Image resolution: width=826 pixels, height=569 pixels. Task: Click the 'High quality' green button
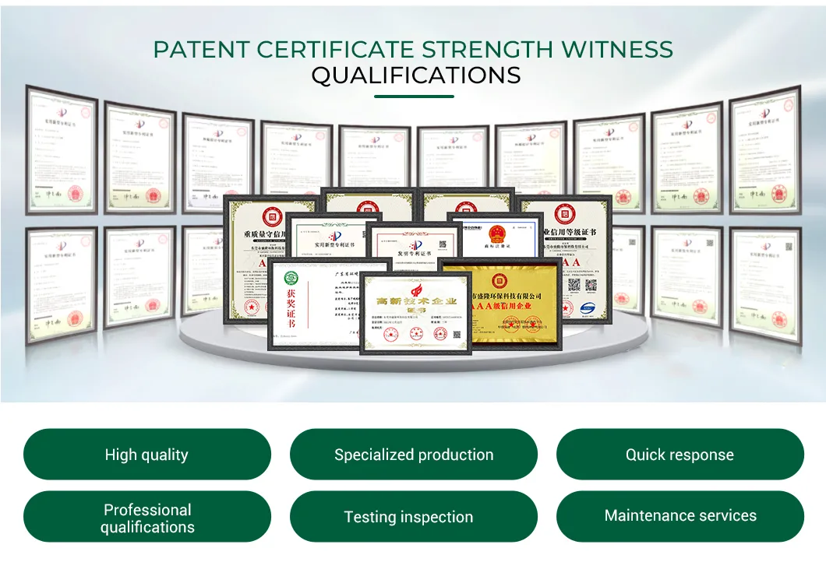click(x=146, y=455)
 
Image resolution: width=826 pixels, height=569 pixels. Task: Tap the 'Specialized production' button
click(x=413, y=455)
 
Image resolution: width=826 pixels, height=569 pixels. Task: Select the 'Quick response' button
click(x=680, y=455)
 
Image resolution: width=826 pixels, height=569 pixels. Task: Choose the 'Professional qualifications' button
click(x=146, y=518)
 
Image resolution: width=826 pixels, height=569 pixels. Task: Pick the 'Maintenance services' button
click(x=680, y=516)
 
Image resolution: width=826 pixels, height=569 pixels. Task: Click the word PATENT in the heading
click(x=200, y=50)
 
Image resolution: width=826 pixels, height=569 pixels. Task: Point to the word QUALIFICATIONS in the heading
click(x=415, y=76)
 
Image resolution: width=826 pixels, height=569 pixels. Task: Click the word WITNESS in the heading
click(x=617, y=50)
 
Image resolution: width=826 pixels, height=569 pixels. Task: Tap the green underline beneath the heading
click(x=414, y=97)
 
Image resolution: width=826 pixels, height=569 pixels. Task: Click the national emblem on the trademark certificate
click(x=496, y=234)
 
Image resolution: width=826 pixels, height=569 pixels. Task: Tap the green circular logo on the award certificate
click(x=290, y=278)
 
